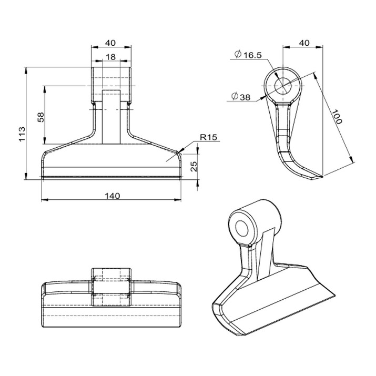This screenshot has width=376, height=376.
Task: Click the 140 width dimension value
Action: coord(112,196)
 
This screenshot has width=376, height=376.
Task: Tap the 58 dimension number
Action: coord(41,116)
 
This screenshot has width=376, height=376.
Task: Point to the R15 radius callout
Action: coord(208,137)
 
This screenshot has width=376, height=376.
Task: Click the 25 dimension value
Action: coord(194,167)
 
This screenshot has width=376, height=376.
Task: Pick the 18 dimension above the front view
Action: coord(110,57)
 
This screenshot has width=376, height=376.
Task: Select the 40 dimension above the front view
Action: coord(110,43)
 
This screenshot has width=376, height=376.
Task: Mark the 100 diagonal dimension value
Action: coord(337,117)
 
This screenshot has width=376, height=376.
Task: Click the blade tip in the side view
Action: coord(316,178)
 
